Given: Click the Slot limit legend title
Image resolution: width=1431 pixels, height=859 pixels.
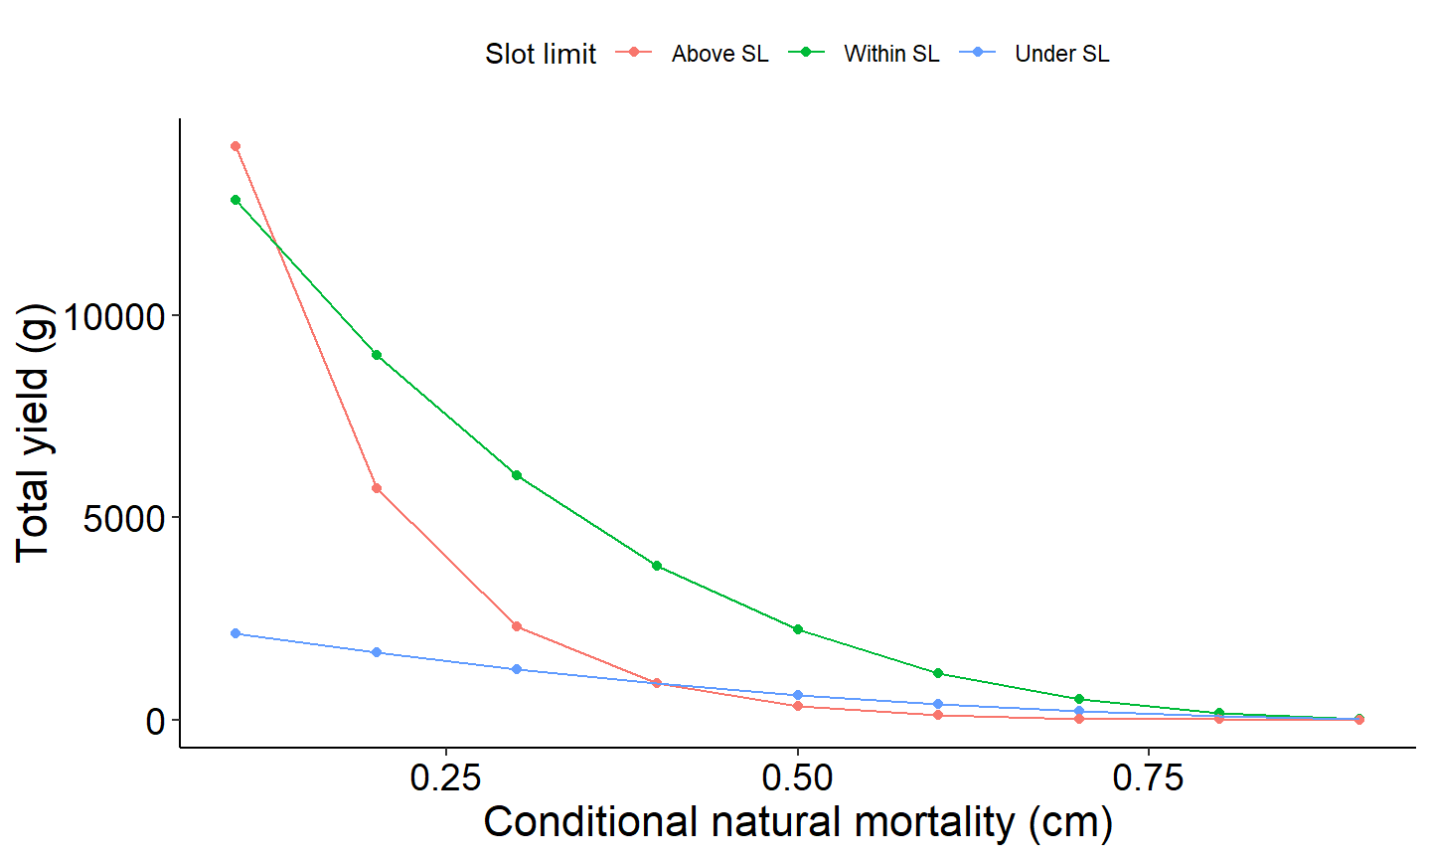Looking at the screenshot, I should (x=541, y=54).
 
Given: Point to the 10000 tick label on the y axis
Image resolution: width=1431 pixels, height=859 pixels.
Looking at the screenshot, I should (x=113, y=317).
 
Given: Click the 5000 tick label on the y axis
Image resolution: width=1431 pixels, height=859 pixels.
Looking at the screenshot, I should (x=124, y=519).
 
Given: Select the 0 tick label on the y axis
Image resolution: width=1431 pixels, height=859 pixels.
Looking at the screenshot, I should (x=155, y=721).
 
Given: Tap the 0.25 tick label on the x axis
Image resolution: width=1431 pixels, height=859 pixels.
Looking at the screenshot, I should (x=446, y=777).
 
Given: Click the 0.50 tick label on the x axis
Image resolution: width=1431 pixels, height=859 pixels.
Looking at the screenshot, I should (x=798, y=777).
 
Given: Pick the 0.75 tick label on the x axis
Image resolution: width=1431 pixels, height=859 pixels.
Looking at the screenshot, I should (x=1149, y=777).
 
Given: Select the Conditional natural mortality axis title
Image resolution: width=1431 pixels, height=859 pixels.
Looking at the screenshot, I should (x=798, y=823).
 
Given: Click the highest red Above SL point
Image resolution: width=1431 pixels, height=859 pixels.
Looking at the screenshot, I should (x=236, y=146).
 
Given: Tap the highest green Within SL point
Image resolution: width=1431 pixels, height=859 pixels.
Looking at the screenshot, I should (x=236, y=200).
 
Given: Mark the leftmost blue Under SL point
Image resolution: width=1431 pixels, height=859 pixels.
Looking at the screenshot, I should (x=236, y=633).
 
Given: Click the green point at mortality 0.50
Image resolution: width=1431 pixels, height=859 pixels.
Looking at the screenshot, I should (x=798, y=629).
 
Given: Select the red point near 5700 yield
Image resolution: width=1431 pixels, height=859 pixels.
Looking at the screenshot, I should (x=377, y=488).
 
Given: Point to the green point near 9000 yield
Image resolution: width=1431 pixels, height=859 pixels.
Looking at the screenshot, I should (x=377, y=355).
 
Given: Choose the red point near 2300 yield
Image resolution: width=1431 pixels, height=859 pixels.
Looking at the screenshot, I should (x=517, y=626).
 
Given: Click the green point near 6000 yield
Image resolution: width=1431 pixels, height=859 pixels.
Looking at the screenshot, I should (x=517, y=475).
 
